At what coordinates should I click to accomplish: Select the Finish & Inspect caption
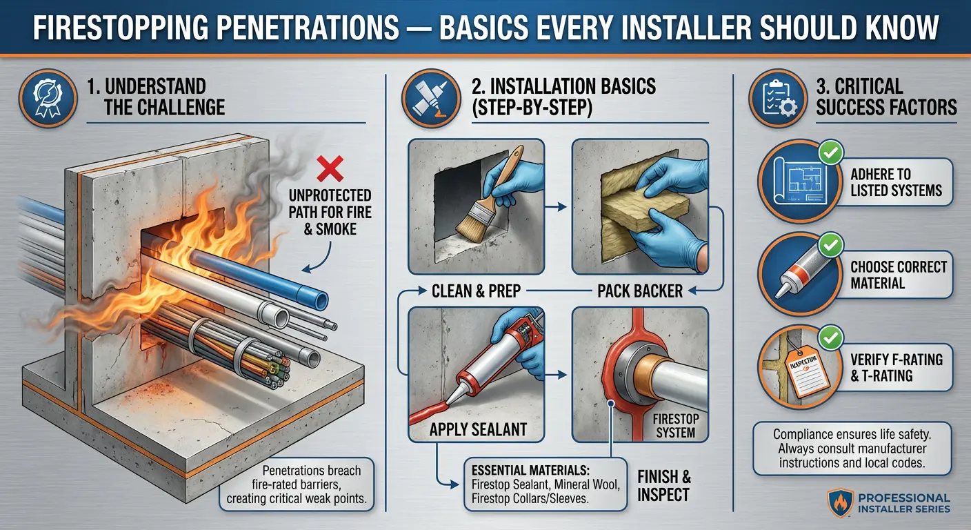[x=663, y=485]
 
